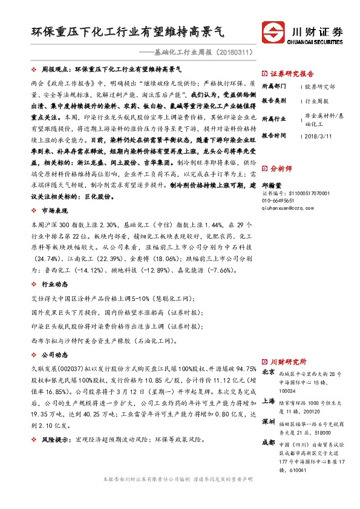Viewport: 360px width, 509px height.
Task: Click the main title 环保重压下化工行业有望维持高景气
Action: click(131, 31)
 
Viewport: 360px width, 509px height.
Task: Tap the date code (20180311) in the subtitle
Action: click(231, 52)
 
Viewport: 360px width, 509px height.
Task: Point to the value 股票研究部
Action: click(320, 87)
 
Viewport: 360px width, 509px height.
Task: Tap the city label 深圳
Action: click(269, 421)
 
